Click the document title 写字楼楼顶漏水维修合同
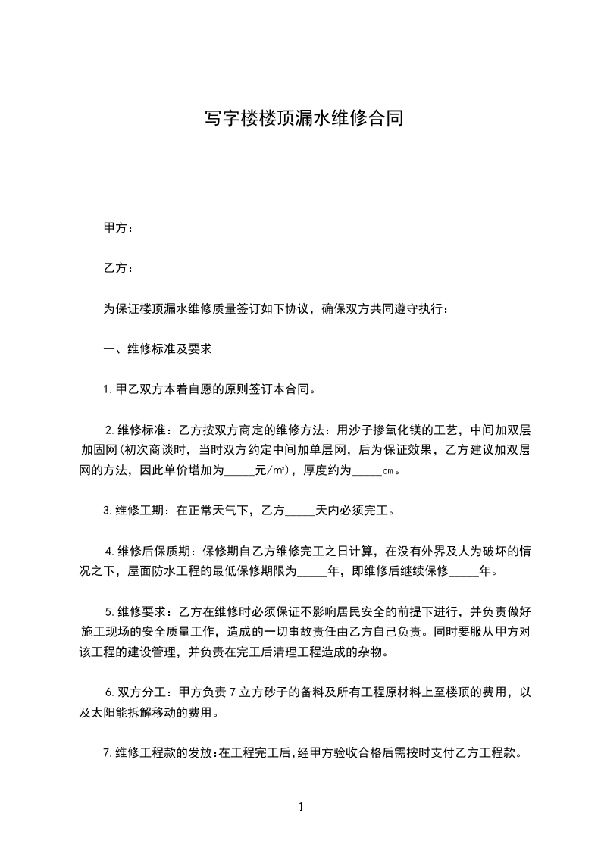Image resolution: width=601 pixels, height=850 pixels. click(x=301, y=118)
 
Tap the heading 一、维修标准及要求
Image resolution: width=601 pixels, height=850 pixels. click(x=157, y=349)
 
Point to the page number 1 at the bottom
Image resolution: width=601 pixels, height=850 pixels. click(x=301, y=807)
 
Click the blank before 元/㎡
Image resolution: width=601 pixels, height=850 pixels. click(x=240, y=470)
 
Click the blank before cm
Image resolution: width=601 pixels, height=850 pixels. click(x=368, y=470)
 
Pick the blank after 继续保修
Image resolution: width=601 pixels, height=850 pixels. click(x=465, y=571)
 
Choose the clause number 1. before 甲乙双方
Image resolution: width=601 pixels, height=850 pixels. click(x=108, y=390)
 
